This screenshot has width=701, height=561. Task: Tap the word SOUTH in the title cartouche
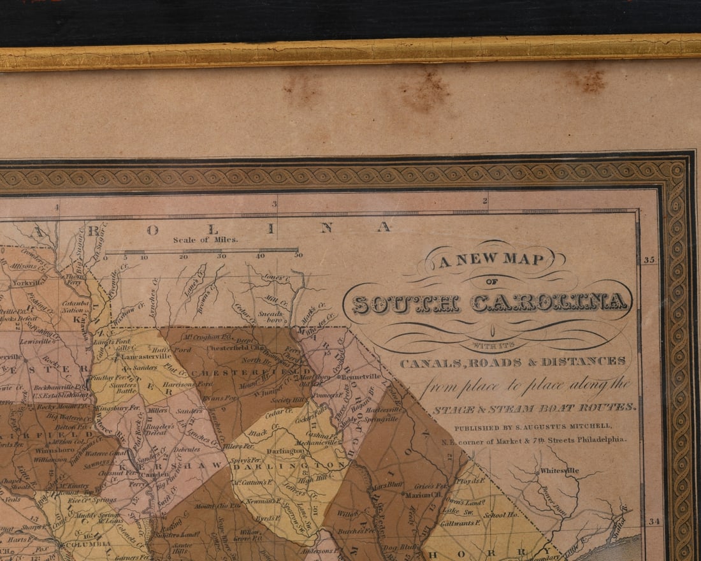point(407,304)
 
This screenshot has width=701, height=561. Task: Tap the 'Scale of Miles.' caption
point(205,240)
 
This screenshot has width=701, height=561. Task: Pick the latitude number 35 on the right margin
point(649,260)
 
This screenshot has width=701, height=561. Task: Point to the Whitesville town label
point(559,471)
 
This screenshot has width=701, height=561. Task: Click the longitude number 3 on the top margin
point(275,205)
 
